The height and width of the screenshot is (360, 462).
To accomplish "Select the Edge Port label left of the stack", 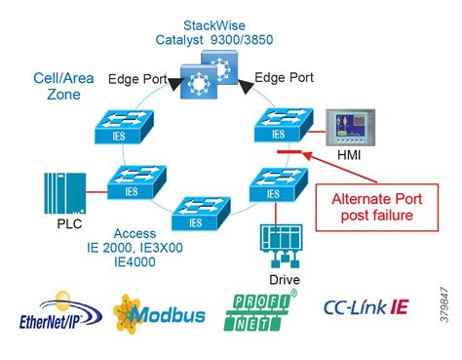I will [x=135, y=79].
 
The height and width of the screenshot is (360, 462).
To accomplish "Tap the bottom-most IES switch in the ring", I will [x=199, y=212].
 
